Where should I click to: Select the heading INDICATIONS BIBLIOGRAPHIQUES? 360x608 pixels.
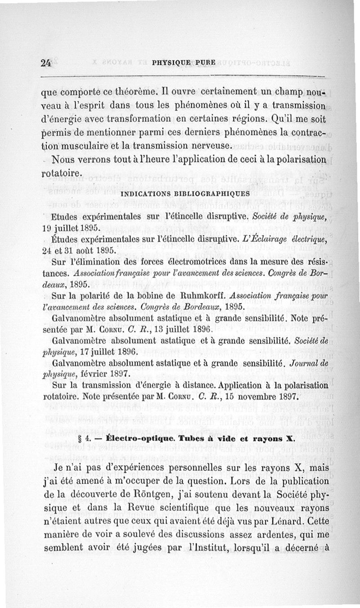(185, 194)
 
